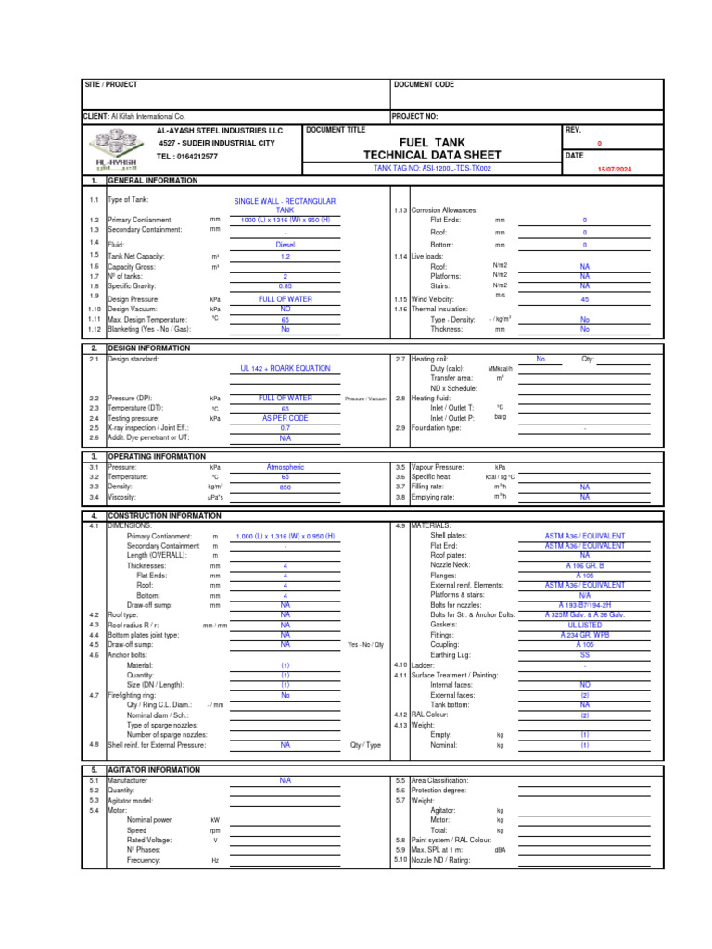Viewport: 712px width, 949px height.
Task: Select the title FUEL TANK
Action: (x=432, y=142)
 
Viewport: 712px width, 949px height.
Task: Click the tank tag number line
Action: (x=432, y=169)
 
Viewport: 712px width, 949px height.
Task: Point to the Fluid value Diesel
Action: (x=285, y=245)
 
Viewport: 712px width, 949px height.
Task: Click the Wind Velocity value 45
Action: (x=584, y=299)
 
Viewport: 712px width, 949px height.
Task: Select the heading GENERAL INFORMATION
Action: (x=152, y=181)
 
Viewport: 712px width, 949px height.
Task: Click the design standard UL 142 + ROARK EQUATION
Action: (x=285, y=368)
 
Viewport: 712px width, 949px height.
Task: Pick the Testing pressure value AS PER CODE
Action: (x=285, y=418)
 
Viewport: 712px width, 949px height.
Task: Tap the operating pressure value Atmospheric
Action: (x=285, y=468)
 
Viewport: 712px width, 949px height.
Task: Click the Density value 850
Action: (x=285, y=487)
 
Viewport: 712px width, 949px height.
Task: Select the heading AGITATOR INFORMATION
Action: (x=153, y=770)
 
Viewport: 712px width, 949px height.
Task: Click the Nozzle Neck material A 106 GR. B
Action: (x=584, y=564)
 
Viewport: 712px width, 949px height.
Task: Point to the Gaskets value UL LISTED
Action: (x=584, y=625)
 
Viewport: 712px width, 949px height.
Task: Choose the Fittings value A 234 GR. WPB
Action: (x=584, y=635)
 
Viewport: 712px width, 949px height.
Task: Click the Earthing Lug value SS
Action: (x=584, y=654)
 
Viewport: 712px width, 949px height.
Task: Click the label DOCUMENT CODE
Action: (x=425, y=84)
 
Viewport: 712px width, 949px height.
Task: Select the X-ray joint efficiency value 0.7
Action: (x=285, y=428)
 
